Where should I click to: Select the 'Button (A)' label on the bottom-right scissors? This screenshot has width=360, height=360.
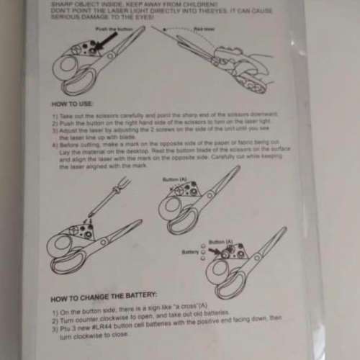point(220,241)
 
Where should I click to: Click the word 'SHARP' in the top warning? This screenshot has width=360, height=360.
point(62,3)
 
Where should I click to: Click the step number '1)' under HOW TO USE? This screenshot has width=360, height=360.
point(55,115)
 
